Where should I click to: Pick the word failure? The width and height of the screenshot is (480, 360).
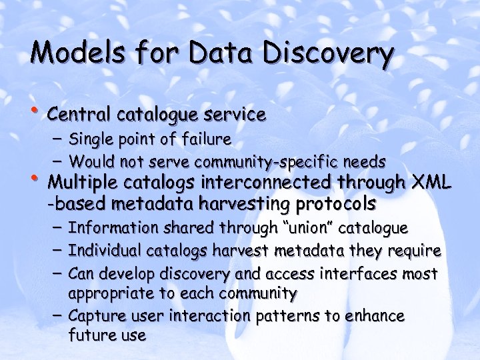click(206, 139)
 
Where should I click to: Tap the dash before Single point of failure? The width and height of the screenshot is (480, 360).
click(55, 139)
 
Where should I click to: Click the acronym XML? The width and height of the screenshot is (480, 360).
click(433, 182)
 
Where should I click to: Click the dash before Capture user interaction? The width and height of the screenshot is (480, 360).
click(55, 315)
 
